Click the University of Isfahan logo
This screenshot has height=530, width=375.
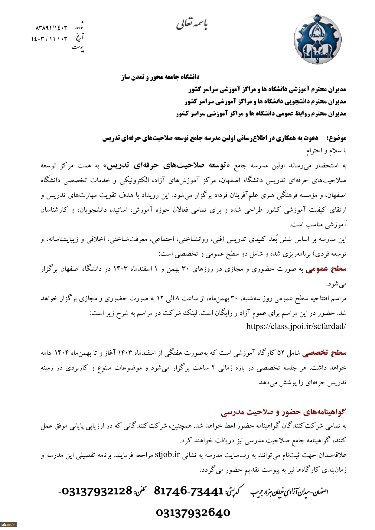318,39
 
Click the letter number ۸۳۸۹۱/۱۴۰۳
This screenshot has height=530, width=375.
51,28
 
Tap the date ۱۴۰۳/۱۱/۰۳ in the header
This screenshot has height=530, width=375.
50,39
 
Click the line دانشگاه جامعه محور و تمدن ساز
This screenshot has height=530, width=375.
160,77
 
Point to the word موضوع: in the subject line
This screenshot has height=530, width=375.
336,138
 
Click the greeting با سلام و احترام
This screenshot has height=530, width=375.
326,151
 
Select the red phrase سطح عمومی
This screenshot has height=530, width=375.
326,269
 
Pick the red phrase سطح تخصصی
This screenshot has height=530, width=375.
324,353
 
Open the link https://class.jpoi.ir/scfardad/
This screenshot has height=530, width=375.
296,326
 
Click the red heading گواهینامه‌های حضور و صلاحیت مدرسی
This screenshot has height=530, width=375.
283,412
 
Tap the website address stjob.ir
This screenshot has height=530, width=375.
167,455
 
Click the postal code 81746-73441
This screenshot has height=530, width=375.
189,491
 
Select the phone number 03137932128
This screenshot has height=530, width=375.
97,491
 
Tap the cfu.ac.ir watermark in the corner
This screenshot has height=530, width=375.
8,525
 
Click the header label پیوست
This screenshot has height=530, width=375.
78,48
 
